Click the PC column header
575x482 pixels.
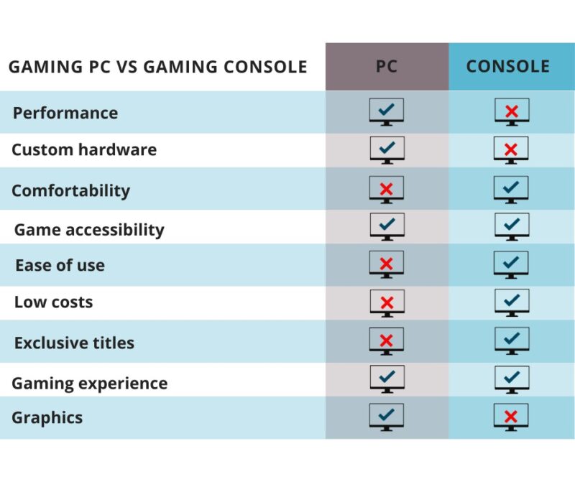coord(387,67)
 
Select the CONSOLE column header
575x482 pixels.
coord(507,67)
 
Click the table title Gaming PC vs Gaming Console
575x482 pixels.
coord(157,68)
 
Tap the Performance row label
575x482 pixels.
coord(65,113)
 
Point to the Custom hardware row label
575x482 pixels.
coord(83,150)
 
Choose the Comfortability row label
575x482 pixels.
coord(70,190)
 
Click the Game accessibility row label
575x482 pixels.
coord(89,230)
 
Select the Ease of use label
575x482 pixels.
coord(60,265)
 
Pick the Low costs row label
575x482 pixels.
coord(53,302)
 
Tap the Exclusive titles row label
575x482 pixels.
coord(74,343)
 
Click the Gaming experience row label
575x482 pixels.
coord(89,383)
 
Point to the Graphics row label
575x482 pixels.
coord(47,417)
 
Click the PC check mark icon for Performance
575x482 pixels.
coord(387,111)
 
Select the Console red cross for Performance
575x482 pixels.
coord(512,111)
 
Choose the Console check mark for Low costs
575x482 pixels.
coord(512,301)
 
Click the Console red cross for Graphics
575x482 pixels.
coord(512,416)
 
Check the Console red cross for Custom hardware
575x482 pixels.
coord(512,149)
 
